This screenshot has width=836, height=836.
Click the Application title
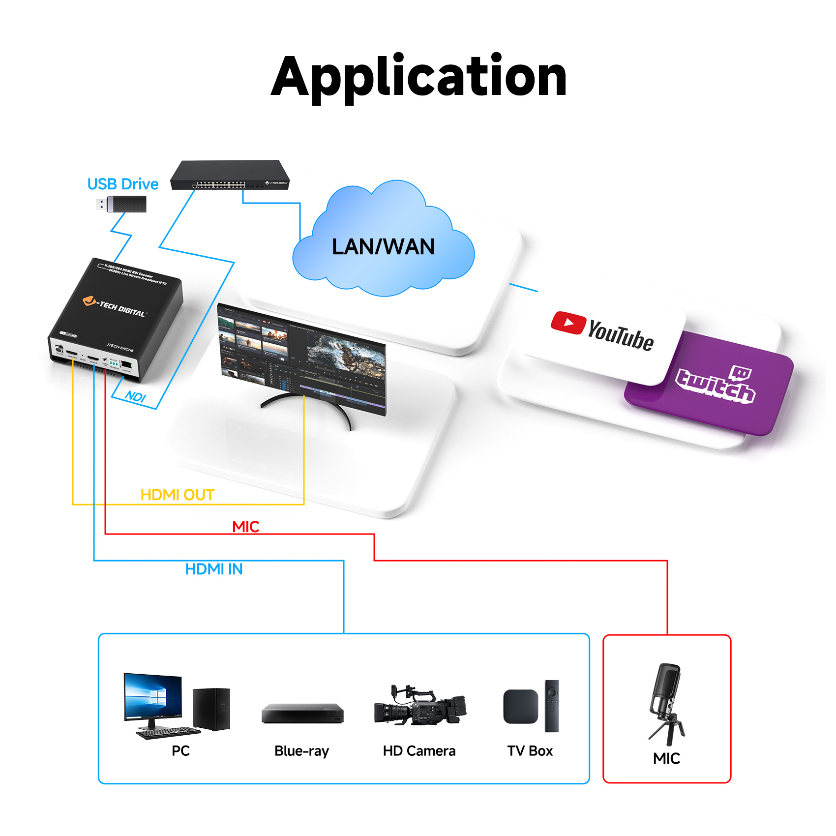(418, 77)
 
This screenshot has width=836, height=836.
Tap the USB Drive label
(122, 184)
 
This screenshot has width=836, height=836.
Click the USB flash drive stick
(122, 204)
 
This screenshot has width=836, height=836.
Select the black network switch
(230, 175)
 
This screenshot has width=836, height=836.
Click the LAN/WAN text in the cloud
(383, 246)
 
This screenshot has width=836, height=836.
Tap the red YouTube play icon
(568, 323)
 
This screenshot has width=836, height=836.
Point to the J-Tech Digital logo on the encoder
(114, 306)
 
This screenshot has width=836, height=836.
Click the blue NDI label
(135, 396)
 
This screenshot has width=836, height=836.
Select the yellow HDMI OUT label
(177, 495)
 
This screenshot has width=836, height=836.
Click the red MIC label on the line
(245, 527)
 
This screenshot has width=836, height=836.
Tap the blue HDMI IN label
(213, 569)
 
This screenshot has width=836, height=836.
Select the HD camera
(419, 706)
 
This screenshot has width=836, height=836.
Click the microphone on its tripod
(666, 703)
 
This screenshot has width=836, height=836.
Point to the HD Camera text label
(419, 751)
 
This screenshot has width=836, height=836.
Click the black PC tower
(211, 709)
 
